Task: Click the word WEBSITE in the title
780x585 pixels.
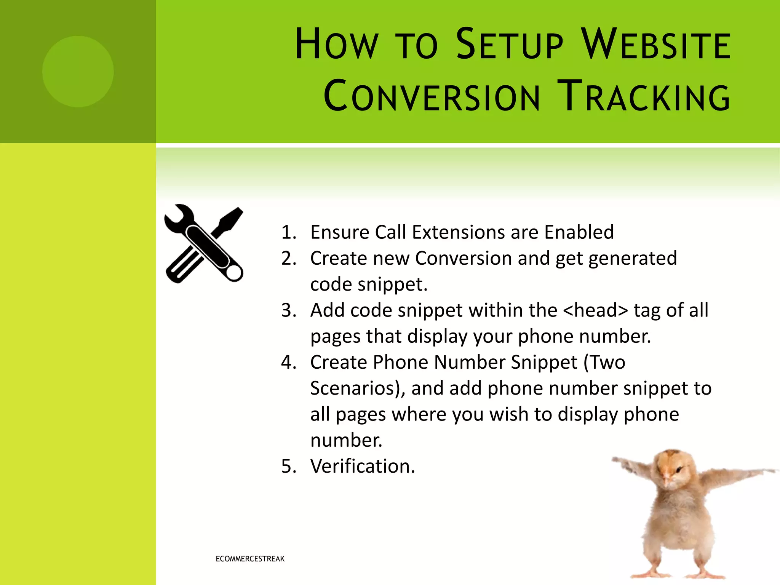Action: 657,45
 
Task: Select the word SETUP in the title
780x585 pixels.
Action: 509,45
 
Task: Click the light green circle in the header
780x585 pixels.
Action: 78,72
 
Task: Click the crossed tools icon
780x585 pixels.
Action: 204,244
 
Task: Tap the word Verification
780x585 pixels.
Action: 362,466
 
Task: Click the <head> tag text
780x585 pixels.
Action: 595,310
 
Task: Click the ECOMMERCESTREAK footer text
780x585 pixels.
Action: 250,559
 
